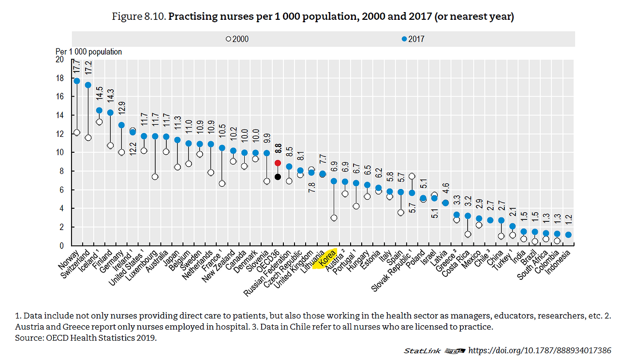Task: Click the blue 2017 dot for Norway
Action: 76,81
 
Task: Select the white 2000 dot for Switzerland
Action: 88,138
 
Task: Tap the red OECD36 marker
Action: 278,163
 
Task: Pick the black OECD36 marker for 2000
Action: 278,177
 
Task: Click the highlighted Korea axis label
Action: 328,259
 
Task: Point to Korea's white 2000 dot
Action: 334,218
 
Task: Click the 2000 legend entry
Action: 237,39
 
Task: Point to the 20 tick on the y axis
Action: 60,59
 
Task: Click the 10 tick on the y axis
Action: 60,153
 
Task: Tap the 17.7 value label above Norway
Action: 76,66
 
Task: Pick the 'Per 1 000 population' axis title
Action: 88,52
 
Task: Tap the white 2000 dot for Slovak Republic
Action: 412,176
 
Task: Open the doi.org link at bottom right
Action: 540,350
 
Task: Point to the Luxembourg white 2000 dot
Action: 155,177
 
